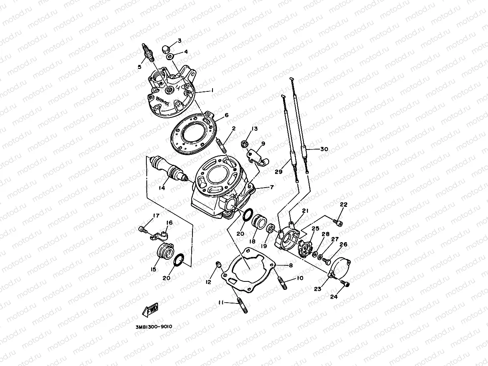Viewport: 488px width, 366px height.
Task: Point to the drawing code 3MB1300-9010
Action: coord(154,326)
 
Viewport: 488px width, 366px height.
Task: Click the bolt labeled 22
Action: coord(338,221)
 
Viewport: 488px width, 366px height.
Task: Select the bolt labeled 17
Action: coord(142,229)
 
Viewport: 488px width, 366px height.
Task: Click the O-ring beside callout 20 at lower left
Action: coord(179,260)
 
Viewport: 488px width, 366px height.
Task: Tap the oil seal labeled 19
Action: coord(271,229)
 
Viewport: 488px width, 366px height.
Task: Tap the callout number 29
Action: coord(279,172)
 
